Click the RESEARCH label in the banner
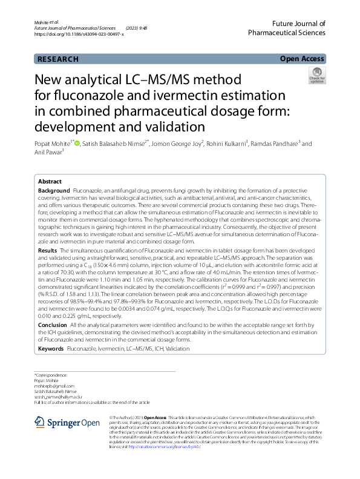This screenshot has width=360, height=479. [57, 59]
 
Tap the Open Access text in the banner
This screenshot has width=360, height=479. [302, 59]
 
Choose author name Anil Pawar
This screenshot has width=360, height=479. [48, 153]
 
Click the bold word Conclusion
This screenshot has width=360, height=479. [52, 325]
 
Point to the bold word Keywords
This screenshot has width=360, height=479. [51, 349]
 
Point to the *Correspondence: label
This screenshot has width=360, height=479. [51, 375]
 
